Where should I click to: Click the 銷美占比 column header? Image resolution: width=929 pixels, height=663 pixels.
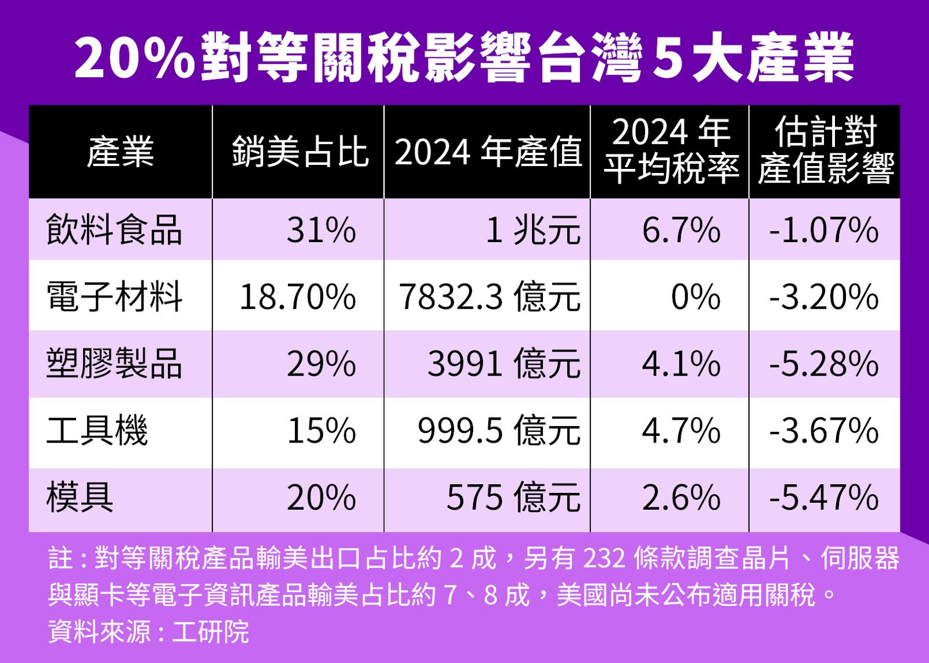[300, 152]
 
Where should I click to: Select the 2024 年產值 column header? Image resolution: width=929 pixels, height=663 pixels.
[488, 152]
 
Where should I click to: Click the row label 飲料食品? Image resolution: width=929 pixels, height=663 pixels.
[114, 230]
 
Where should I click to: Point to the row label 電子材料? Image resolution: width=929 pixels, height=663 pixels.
[114, 296]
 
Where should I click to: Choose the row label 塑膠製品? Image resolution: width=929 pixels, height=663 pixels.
[114, 363]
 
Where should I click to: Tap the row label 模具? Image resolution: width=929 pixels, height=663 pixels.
[80, 497]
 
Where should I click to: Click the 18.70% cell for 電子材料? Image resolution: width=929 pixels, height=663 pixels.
[297, 297]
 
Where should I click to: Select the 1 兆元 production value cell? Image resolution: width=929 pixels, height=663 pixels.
[532, 230]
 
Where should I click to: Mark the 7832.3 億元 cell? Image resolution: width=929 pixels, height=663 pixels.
[489, 297]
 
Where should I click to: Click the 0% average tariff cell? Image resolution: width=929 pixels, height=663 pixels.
[695, 297]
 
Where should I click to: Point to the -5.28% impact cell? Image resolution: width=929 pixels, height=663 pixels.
[823, 364]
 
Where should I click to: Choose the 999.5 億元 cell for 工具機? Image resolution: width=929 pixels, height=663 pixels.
[498, 431]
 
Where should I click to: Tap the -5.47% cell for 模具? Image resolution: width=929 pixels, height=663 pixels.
[823, 498]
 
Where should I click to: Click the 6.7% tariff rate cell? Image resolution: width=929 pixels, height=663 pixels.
[680, 230]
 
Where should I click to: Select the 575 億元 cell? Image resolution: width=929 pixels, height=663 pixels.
[513, 498]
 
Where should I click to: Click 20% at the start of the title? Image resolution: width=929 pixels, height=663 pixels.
[134, 58]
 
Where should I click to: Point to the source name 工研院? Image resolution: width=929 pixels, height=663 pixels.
[210, 631]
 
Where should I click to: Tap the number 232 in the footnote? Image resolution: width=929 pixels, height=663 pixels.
[604, 558]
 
